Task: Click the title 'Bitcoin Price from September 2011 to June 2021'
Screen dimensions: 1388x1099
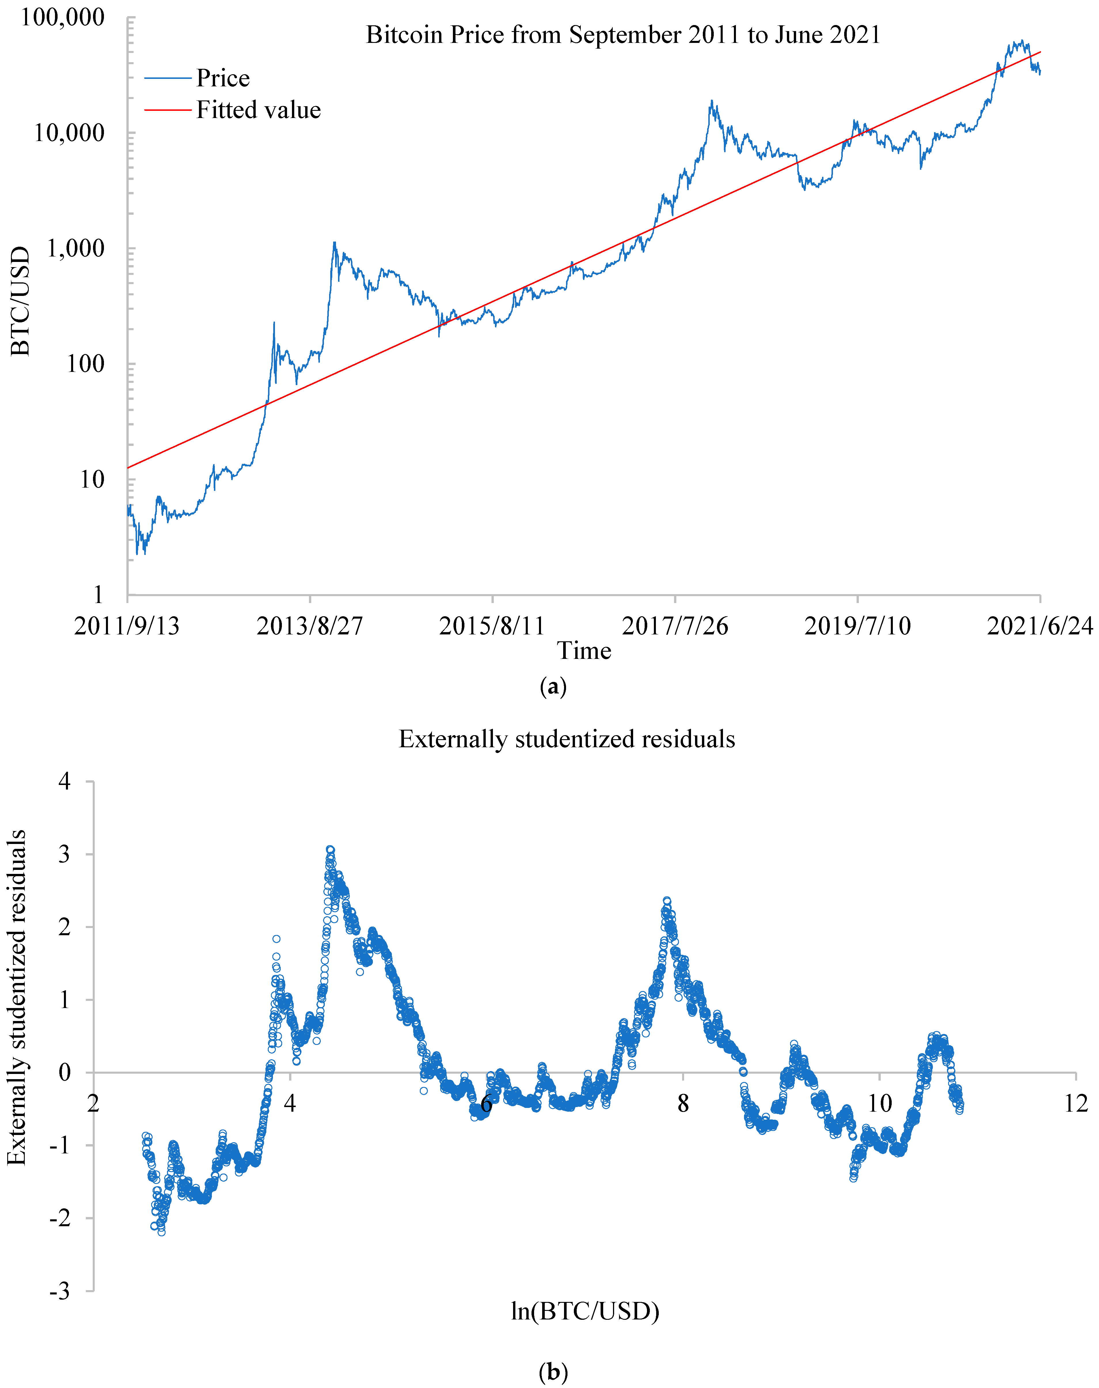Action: coord(623,35)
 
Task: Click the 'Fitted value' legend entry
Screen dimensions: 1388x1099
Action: coord(258,110)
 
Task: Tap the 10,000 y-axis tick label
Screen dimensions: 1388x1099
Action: coord(69,133)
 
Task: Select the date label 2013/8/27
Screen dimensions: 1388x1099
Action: coord(310,626)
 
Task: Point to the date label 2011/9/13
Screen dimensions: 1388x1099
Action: coord(127,626)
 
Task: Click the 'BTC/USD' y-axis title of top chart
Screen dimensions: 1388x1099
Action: coord(20,301)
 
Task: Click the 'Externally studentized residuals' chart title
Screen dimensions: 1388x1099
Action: coord(567,739)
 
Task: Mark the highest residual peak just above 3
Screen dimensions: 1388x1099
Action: coord(330,850)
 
